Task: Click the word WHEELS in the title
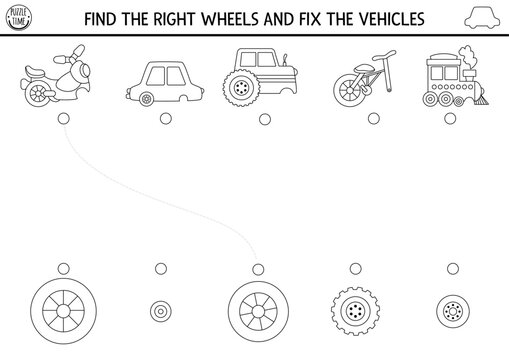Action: point(255,19)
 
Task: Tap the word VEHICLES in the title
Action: point(385,19)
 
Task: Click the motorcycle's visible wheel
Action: point(39,94)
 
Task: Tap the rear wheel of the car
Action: point(148,98)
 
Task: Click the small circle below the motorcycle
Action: point(65,118)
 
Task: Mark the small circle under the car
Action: point(161,118)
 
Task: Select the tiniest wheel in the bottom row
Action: point(161,311)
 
